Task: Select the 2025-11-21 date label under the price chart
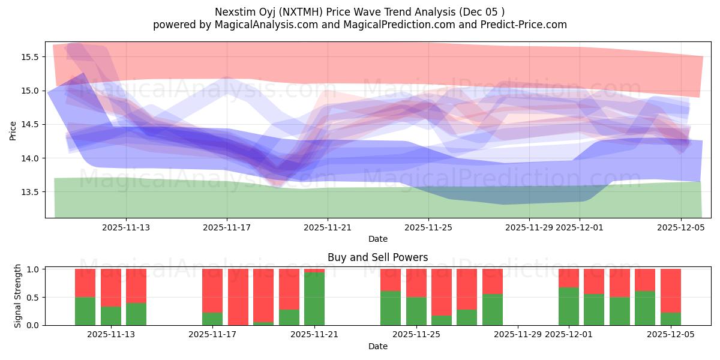(x=328, y=227)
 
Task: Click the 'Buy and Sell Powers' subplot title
(x=377, y=257)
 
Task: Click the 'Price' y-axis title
(x=13, y=130)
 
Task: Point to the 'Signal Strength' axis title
(x=18, y=296)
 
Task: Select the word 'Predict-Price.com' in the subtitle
(x=528, y=25)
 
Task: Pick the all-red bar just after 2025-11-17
(x=238, y=297)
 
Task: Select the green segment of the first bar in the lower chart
(x=85, y=311)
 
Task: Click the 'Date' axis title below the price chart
(x=377, y=239)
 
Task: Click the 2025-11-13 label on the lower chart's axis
(x=112, y=335)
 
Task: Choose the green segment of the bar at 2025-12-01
(x=569, y=306)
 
